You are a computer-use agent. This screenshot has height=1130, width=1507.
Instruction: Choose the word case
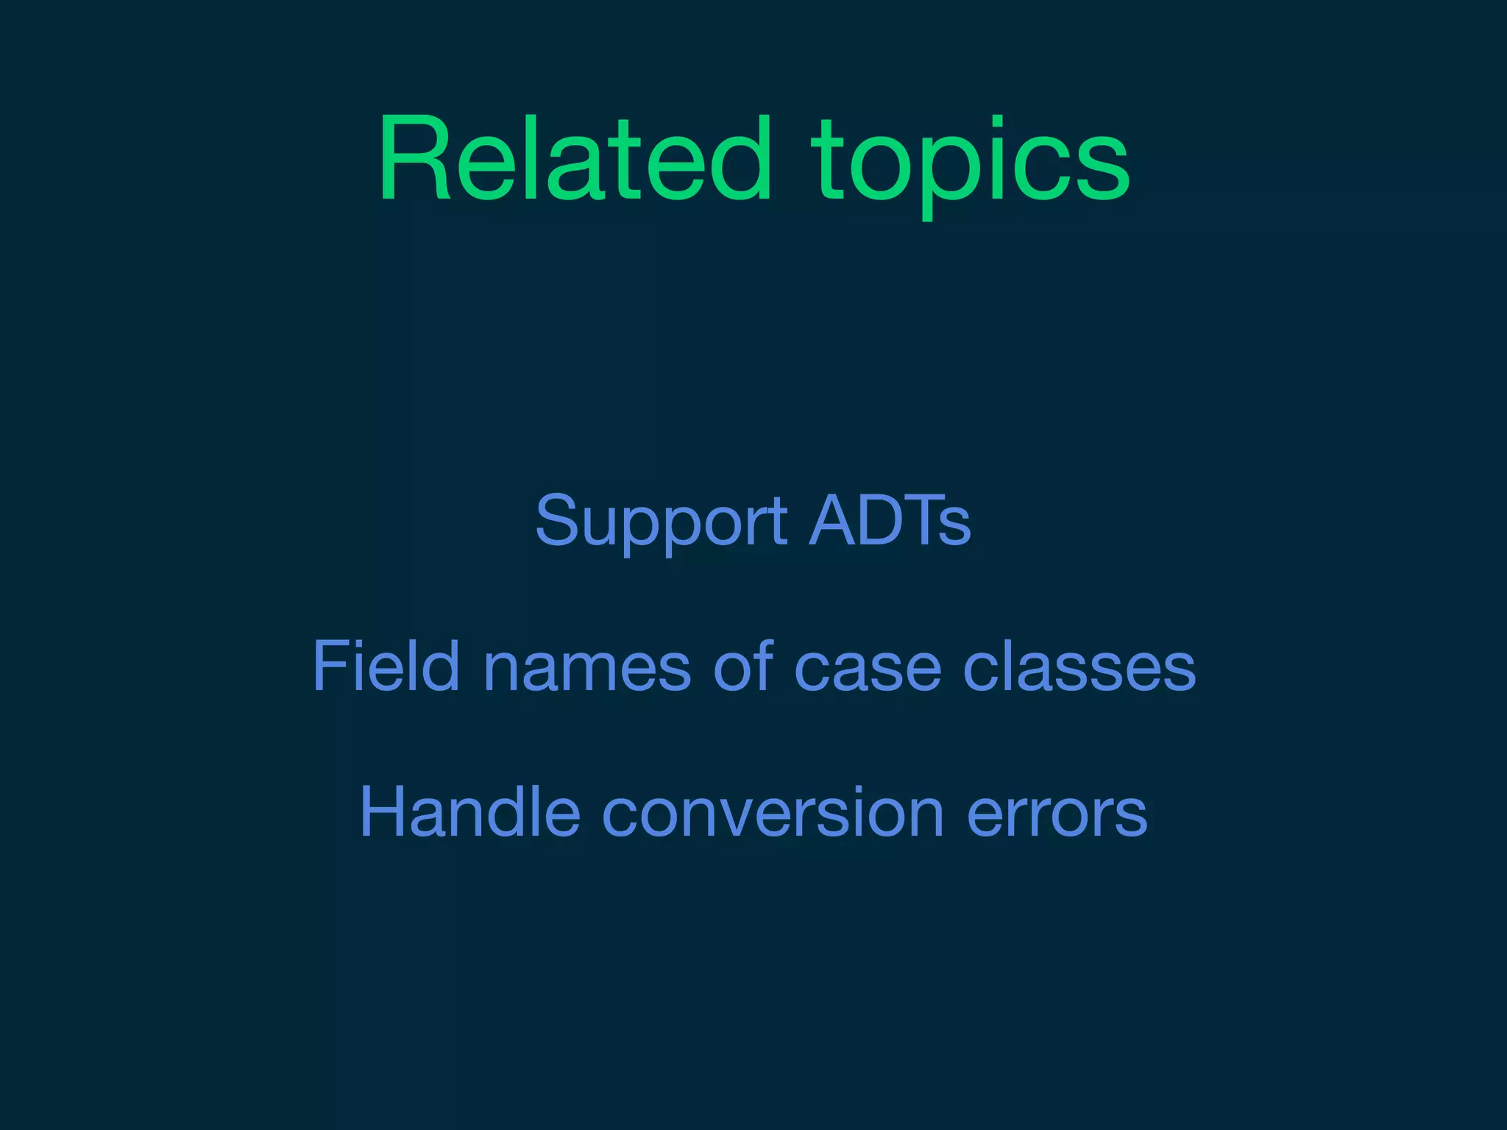tap(868, 669)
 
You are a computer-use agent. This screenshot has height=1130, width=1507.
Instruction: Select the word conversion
tap(773, 813)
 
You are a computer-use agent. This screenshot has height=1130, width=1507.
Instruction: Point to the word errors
tap(1057, 815)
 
